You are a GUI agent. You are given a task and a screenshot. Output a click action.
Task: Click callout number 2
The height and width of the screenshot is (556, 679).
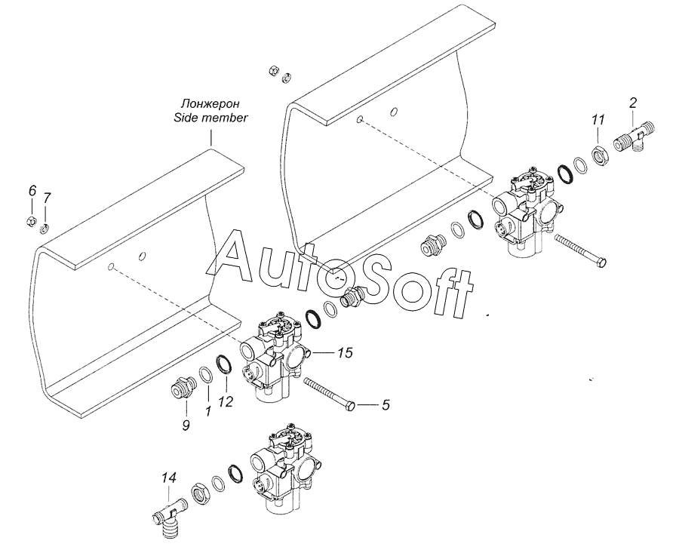633,103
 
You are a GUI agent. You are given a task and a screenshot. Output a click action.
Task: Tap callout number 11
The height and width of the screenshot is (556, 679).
598,119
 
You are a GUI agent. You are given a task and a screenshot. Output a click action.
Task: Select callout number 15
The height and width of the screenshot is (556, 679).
345,353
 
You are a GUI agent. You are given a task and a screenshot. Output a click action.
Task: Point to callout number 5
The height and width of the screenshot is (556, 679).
386,405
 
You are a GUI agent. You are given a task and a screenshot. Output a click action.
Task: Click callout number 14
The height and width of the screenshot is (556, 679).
169,478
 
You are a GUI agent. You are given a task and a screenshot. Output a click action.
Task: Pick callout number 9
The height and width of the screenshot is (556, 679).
186,425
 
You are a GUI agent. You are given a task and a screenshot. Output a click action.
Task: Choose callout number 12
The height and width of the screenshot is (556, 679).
226,402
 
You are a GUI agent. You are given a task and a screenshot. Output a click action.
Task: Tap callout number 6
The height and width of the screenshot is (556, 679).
32,190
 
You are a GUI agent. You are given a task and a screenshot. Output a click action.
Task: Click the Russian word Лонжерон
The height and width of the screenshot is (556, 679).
210,104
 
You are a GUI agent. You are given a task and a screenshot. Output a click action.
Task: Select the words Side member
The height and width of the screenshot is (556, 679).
210,118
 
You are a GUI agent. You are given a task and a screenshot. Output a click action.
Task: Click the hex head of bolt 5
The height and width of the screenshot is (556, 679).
352,406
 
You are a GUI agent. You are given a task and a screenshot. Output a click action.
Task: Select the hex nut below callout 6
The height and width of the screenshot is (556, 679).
31,221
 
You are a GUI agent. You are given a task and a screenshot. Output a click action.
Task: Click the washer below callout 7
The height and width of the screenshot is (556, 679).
45,229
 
